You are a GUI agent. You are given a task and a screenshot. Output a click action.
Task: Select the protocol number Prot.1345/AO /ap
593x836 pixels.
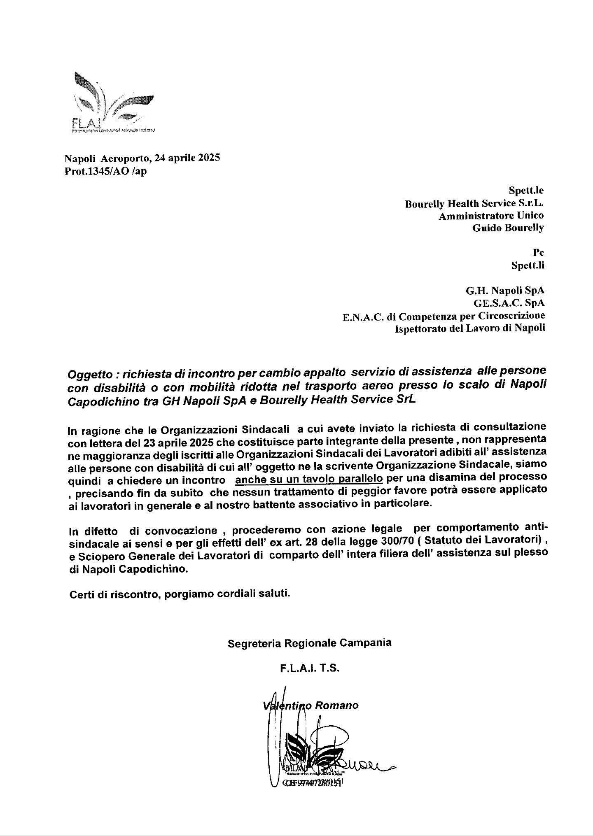click(105, 171)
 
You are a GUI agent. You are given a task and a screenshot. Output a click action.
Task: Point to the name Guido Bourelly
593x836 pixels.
click(508, 228)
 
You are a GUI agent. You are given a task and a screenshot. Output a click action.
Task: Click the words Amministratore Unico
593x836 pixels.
click(491, 215)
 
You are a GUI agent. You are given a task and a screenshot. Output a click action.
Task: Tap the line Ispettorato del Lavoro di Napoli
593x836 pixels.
click(469, 328)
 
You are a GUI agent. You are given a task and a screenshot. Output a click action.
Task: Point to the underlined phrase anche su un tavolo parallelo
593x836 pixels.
click(309, 479)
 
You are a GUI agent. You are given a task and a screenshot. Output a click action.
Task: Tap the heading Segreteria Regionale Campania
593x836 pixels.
click(310, 643)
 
